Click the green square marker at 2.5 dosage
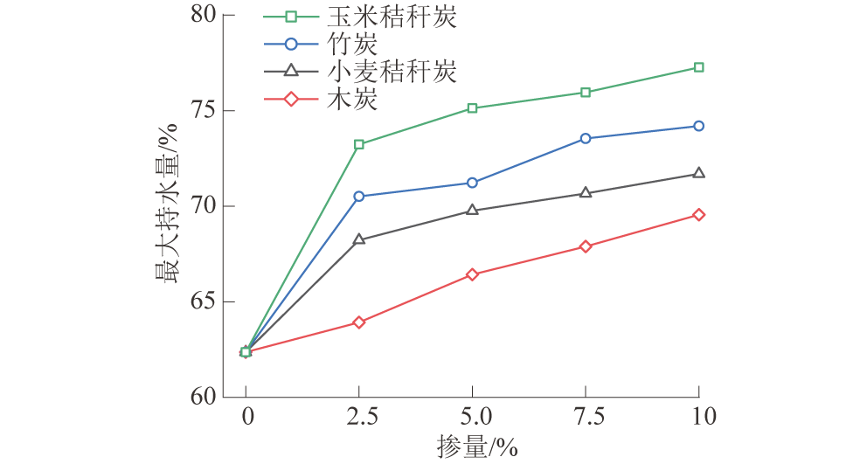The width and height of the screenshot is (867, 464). pyautogui.click(x=359, y=144)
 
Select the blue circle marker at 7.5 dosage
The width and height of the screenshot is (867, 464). pyautogui.click(x=586, y=138)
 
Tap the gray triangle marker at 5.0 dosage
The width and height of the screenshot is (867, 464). pyautogui.click(x=473, y=210)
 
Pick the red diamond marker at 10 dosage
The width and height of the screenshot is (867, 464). pyautogui.click(x=698, y=215)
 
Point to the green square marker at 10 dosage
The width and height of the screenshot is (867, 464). pyautogui.click(x=698, y=67)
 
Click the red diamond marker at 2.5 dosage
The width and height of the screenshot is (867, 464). pyautogui.click(x=359, y=322)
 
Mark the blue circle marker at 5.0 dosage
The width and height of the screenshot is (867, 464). pyautogui.click(x=473, y=183)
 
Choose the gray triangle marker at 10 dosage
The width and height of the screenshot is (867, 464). pyautogui.click(x=698, y=173)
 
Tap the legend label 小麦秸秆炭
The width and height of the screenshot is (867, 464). pyautogui.click(x=389, y=72)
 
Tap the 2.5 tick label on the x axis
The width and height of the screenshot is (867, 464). pyautogui.click(x=359, y=417)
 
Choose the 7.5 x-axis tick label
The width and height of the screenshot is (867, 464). pyautogui.click(x=586, y=417)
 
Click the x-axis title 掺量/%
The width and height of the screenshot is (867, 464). pyautogui.click(x=477, y=447)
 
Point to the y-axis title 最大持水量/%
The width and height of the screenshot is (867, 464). pyautogui.click(x=167, y=206)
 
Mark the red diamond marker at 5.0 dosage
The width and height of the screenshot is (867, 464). pyautogui.click(x=473, y=274)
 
